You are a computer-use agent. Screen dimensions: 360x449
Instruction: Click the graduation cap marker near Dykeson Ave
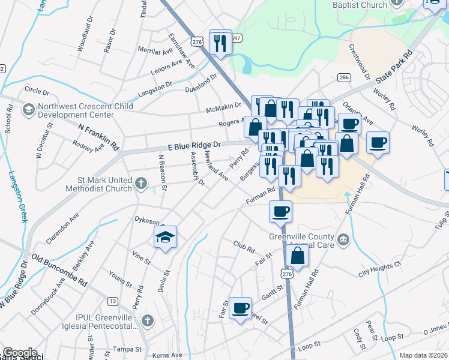tap(166, 238)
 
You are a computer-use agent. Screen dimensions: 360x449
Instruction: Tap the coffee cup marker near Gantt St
tap(241, 308)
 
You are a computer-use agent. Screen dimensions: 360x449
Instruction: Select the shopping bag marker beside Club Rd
tap(298, 257)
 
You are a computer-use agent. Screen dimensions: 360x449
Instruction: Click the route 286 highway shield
tap(344, 77)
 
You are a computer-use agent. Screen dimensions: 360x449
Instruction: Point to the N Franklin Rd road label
tap(99, 136)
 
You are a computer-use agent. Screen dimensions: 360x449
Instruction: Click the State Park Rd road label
tap(394, 67)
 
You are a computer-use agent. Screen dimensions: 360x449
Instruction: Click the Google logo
tap(19, 353)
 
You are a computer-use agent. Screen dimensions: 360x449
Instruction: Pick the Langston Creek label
tap(18, 197)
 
